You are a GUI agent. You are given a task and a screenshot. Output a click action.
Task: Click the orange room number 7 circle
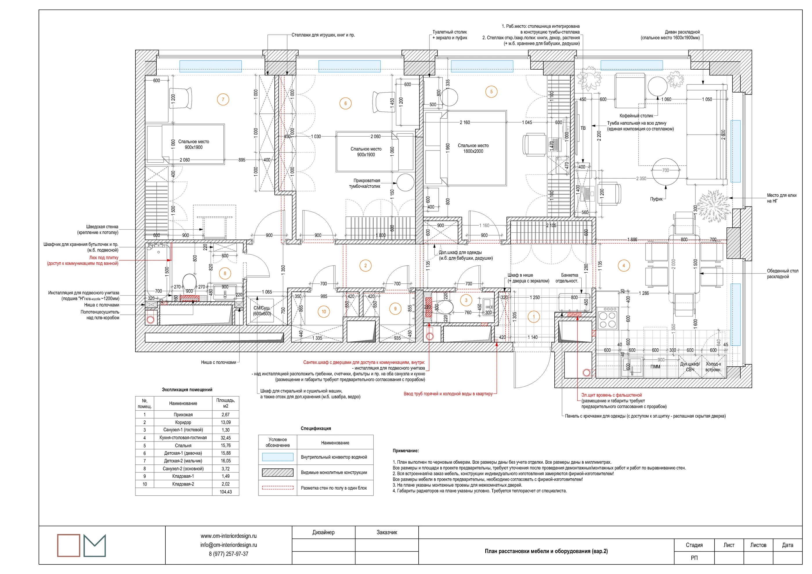223,99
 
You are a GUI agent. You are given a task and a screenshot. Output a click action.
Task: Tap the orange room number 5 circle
491,92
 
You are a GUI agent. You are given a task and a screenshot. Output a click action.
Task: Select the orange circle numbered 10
323,312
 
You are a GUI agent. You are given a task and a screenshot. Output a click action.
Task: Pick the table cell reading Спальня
183,446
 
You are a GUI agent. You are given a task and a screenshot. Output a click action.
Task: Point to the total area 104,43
226,492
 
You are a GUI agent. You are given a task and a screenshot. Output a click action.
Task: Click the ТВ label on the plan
583,128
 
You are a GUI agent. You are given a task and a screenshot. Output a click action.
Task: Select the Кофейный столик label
636,116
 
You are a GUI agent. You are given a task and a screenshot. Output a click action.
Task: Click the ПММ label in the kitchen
655,367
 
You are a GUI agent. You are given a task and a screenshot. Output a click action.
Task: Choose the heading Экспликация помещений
187,390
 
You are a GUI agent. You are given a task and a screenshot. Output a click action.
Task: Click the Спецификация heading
316,428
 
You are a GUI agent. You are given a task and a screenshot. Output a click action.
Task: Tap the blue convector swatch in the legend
278,457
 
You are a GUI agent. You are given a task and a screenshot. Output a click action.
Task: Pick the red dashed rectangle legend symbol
278,488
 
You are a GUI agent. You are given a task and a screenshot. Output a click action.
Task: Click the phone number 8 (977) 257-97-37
229,554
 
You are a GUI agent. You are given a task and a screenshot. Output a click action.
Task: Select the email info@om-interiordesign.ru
229,545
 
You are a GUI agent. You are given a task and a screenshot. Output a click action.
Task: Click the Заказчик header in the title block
387,532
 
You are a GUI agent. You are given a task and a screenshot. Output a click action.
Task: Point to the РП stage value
694,558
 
